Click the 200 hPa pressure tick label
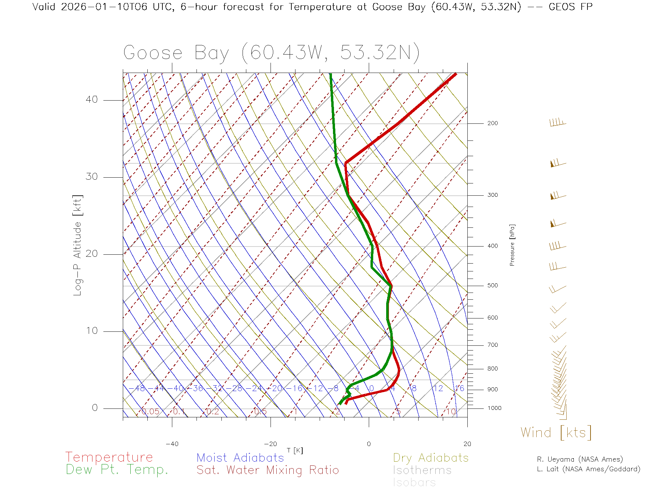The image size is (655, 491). [x=492, y=123]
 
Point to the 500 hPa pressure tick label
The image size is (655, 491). [x=492, y=286]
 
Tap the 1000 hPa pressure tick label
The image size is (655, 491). [x=494, y=408]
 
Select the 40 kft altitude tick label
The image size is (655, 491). [x=91, y=100]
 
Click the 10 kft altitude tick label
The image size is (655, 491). [x=91, y=331]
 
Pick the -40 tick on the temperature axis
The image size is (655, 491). [x=172, y=444]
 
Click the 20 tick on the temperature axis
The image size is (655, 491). [x=467, y=444]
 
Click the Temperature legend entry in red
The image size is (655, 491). [x=109, y=457]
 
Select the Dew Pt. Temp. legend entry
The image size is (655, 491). [x=117, y=470]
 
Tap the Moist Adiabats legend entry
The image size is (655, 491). [x=240, y=458]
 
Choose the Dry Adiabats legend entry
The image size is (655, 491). [x=431, y=458]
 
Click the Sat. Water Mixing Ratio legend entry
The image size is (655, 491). [x=267, y=470]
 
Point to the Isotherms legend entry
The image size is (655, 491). [x=422, y=470]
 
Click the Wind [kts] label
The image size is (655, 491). [x=556, y=433]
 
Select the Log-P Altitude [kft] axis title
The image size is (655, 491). [x=77, y=245]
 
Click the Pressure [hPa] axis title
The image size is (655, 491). [x=512, y=245]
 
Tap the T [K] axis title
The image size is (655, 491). [x=295, y=450]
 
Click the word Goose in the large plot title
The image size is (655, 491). [x=152, y=53]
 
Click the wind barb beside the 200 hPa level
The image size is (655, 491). [x=557, y=123]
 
